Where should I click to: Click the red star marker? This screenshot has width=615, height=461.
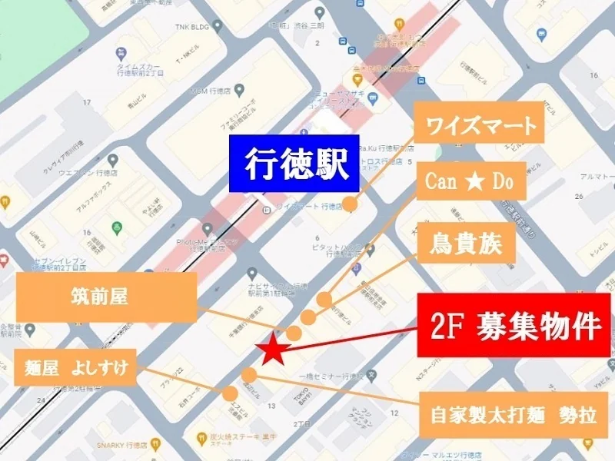[272, 351]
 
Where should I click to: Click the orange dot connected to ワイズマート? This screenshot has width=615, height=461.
[351, 204]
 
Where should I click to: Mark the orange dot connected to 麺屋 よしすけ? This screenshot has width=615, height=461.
[230, 393]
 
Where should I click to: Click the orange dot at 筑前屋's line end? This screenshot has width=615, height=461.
[294, 332]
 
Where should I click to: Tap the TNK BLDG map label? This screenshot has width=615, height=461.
[171, 25]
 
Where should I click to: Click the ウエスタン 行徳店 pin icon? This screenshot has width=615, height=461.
[112, 161]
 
